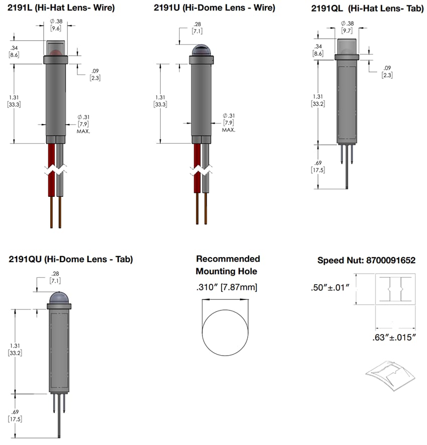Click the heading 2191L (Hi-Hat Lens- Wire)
point(61,8)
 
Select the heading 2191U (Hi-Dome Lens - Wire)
point(215,8)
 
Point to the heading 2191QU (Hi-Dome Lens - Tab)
point(71,259)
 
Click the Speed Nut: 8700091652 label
point(367,261)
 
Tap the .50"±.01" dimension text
point(331,289)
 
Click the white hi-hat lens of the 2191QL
point(347,46)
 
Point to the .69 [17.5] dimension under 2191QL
point(317,166)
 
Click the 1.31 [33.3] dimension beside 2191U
point(160,101)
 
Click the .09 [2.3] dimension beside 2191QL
point(387,71)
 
